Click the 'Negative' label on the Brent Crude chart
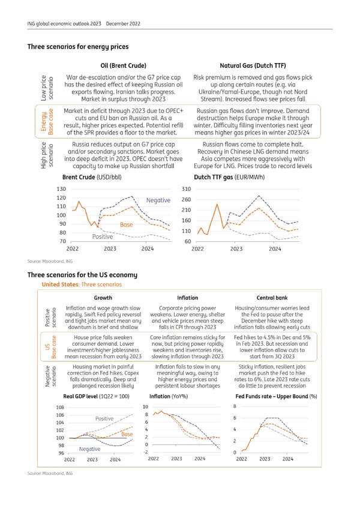coord(158,200)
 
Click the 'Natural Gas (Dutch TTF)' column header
coord(249,65)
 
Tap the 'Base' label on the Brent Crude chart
coord(126,224)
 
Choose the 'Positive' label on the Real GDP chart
coord(105,418)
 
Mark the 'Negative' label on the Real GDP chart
coord(89,466)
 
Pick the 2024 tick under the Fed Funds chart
coord(287,476)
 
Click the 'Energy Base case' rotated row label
coord(47,122)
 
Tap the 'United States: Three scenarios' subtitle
coord(76,284)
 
